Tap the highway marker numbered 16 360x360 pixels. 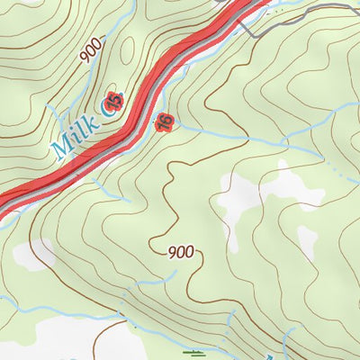(x=165, y=121)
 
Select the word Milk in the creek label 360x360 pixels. (x=74, y=131)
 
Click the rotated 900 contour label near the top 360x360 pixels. (x=89, y=51)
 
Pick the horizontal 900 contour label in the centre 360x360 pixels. (x=181, y=253)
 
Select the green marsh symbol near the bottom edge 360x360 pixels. (x=193, y=352)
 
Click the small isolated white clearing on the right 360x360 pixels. (x=307, y=242)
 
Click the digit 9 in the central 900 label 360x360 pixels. (x=171, y=253)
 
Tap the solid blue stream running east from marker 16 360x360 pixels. (x=216, y=136)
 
